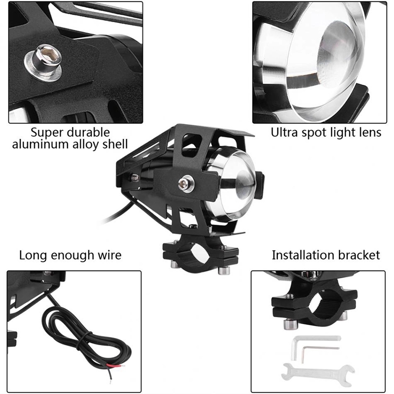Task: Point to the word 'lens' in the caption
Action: tap(370, 132)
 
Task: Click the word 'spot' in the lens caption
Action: tap(312, 132)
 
